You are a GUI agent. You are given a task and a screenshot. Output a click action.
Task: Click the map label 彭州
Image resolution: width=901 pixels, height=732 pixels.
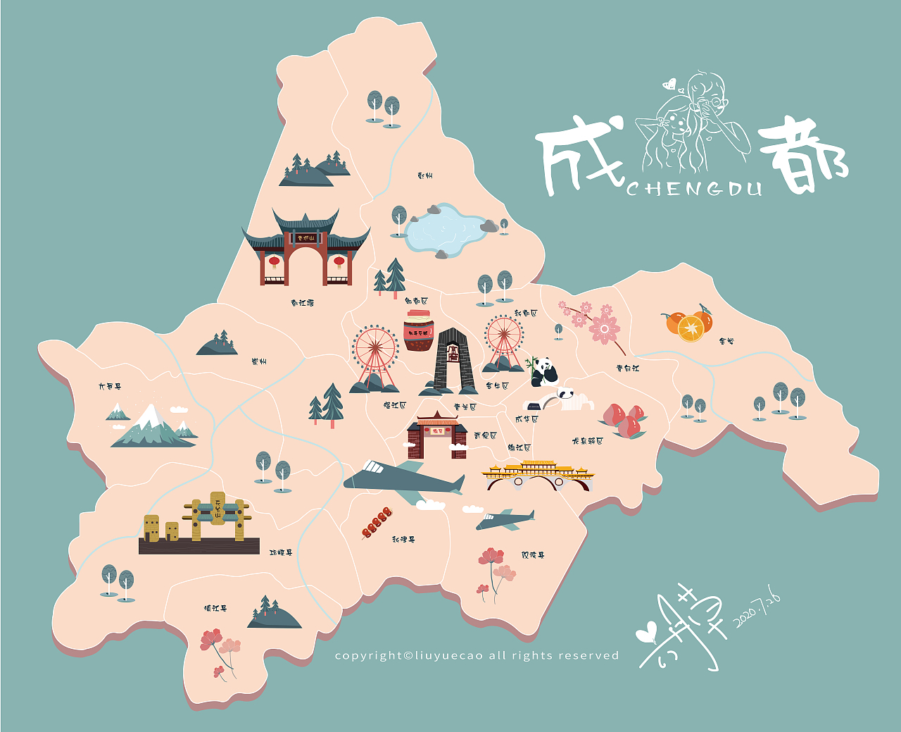click(424, 175)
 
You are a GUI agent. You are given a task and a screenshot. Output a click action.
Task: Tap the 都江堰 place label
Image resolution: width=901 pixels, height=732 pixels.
click(302, 303)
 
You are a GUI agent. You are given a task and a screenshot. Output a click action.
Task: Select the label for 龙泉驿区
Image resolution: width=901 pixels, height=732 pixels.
click(587, 441)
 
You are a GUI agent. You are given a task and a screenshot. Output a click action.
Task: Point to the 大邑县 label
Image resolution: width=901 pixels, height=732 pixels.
click(110, 387)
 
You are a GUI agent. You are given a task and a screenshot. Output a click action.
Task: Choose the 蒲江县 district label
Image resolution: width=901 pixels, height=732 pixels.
click(215, 608)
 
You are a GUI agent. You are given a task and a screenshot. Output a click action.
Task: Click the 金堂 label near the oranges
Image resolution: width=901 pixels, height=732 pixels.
click(726, 341)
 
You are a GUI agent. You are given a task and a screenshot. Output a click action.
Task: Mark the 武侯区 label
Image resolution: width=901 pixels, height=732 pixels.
click(485, 435)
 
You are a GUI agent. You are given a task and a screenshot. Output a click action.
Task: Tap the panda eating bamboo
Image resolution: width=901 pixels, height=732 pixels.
click(542, 371)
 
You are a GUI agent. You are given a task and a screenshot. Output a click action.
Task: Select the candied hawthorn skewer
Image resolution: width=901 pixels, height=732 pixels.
click(377, 523)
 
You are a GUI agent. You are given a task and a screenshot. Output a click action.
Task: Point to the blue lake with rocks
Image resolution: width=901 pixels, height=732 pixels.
click(445, 228)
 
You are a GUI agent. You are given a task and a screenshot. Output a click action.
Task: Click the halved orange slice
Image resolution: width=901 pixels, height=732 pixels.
click(690, 329)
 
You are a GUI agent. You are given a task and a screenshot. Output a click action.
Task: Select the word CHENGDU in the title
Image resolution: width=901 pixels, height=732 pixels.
click(694, 189)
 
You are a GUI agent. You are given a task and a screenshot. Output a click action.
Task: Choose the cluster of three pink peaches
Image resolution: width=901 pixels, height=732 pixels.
click(624, 419)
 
